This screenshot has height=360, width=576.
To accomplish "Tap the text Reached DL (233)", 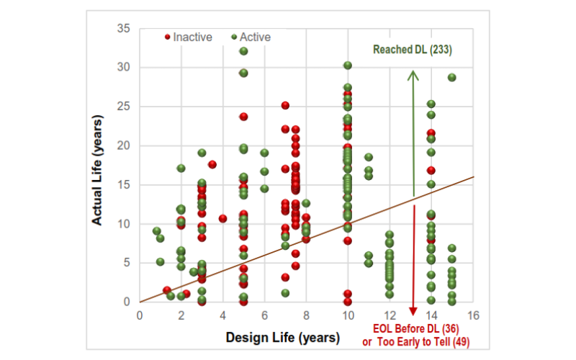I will [x=412, y=50].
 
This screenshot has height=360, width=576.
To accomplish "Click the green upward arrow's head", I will [x=413, y=74].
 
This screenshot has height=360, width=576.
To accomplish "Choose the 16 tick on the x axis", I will [x=472, y=315].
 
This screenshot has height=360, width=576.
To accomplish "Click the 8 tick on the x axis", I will [x=306, y=315].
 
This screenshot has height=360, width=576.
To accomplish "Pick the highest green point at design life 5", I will [x=243, y=51].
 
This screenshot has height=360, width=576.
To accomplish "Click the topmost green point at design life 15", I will [x=452, y=78].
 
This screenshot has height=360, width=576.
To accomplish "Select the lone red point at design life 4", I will [x=223, y=218].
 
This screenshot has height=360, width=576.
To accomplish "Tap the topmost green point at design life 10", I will [x=348, y=66].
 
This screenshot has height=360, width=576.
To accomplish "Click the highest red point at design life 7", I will [x=285, y=106].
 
